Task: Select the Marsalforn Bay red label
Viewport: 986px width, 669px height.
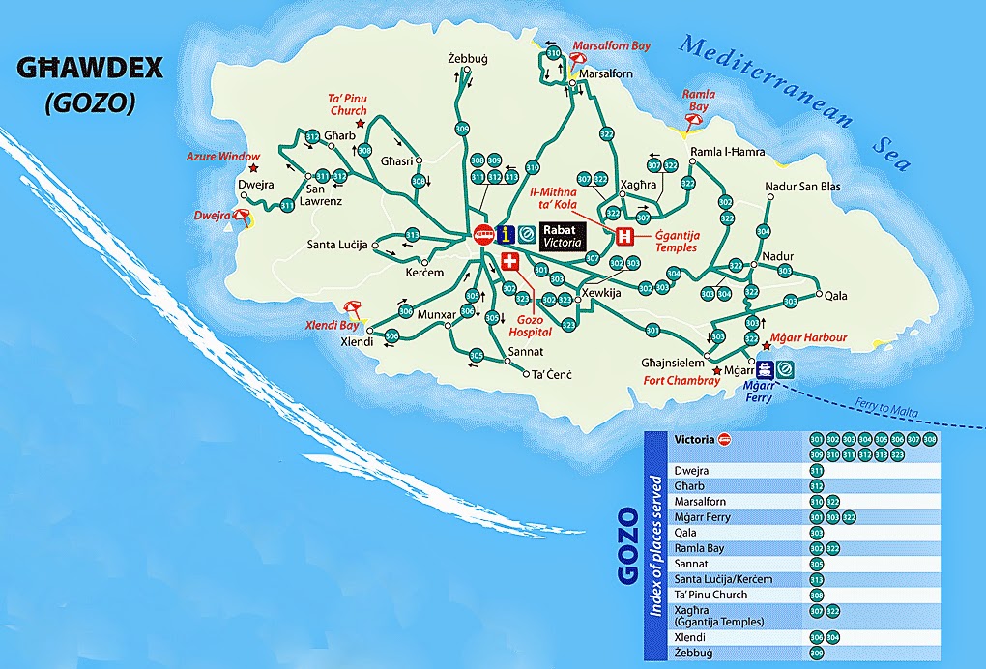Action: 611,45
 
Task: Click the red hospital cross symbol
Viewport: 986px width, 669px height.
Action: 510,261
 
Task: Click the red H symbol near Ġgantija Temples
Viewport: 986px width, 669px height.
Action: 625,236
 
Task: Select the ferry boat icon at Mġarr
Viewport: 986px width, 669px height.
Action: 766,368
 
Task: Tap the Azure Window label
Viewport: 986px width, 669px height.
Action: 223,156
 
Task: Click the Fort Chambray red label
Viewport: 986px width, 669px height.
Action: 681,381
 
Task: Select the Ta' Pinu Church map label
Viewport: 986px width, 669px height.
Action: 347,102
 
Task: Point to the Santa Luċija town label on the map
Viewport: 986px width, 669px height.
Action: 338,245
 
